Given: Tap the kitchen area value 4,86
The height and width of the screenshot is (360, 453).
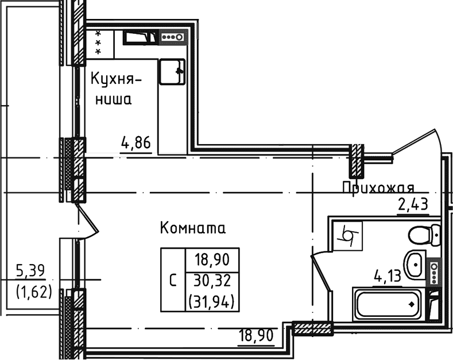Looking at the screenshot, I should pyautogui.click(x=136, y=142).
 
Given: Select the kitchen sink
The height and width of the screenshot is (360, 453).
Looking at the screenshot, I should pyautogui.click(x=173, y=72).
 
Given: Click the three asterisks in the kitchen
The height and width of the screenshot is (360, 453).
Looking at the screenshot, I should pyautogui.click(x=98, y=42).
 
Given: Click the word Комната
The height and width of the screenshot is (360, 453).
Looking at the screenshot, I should pyautogui.click(x=193, y=228).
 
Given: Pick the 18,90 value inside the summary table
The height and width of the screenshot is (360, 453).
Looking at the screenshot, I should pyautogui.click(x=212, y=260).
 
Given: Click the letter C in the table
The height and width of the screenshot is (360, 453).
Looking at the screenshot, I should pyautogui.click(x=173, y=281).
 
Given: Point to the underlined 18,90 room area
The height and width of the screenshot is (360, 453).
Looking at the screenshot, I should pyautogui.click(x=259, y=334).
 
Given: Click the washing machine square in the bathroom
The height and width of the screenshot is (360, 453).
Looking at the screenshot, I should pyautogui.click(x=347, y=235).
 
